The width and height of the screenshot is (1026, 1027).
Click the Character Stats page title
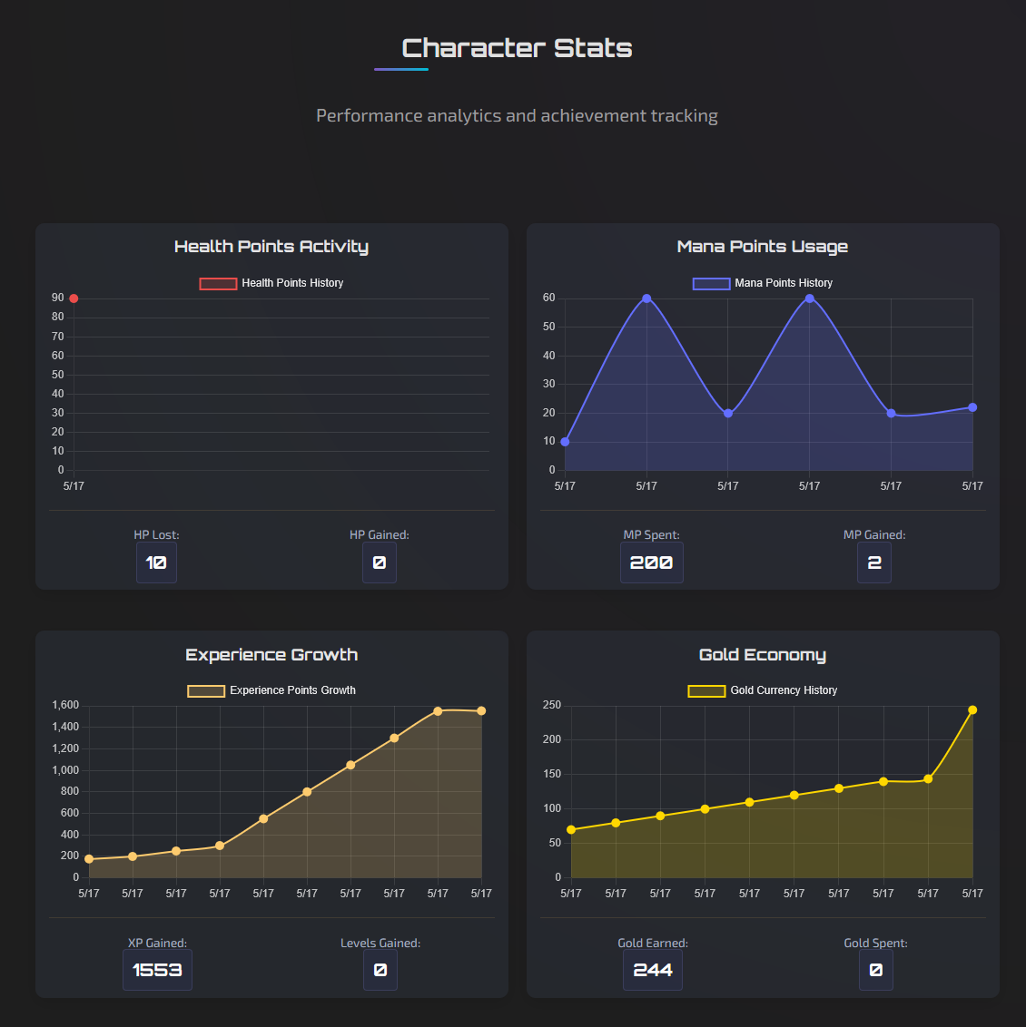[517, 48]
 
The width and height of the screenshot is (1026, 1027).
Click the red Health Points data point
[74, 298]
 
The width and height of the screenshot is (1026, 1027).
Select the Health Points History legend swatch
[218, 283]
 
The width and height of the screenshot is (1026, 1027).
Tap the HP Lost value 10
[156, 562]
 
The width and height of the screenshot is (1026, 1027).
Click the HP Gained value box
[380, 562]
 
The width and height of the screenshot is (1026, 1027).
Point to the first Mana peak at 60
[646, 298]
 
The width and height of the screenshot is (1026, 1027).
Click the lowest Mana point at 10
[565, 442]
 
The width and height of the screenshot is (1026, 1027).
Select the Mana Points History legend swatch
[711, 283]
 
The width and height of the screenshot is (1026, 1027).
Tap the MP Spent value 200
[651, 562]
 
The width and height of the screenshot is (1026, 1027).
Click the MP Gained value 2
[874, 562]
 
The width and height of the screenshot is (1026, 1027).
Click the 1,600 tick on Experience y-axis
[65, 705]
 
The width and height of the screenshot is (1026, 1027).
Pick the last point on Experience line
[481, 711]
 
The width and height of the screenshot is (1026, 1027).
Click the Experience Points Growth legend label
[292, 690]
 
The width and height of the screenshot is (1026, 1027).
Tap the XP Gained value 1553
[157, 970]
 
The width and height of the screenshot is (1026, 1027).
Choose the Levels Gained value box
[380, 970]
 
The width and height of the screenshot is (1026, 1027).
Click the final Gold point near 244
[972, 710]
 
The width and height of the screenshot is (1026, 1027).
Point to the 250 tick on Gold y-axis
[551, 705]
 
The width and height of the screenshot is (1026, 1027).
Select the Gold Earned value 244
[653, 970]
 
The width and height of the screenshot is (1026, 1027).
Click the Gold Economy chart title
[763, 655]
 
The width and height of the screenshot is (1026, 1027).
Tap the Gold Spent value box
[875, 970]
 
